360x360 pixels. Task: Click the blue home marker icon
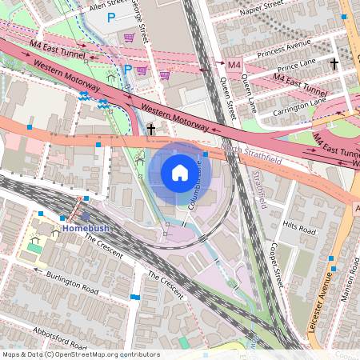click(x=180, y=172)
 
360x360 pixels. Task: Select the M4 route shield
click(x=234, y=64)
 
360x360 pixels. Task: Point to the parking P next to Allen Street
click(x=111, y=17)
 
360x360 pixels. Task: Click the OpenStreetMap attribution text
click(x=81, y=354)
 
